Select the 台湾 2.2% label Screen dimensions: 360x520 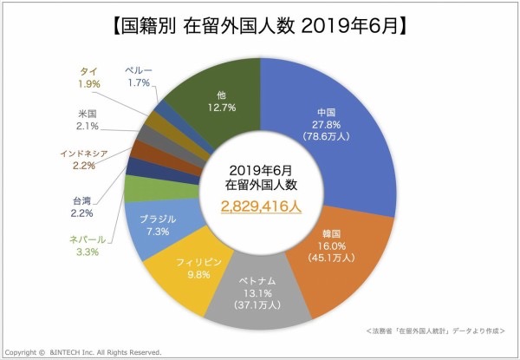tap(82, 206)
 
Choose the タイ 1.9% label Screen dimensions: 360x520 tap(88, 77)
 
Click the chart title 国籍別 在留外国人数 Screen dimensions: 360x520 tap(260, 24)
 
